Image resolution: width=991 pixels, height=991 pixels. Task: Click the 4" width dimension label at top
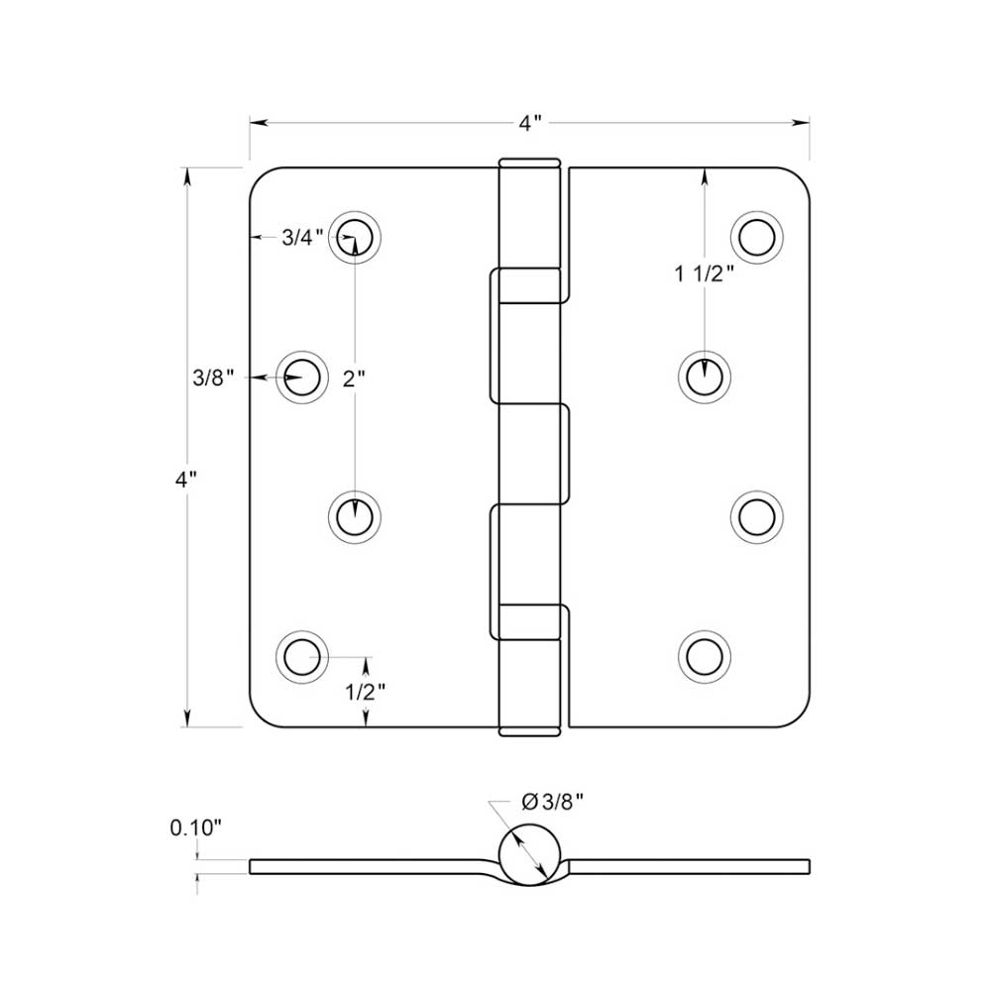(x=530, y=124)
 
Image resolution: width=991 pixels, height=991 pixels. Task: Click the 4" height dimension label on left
(x=185, y=479)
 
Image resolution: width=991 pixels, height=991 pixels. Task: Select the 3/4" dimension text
(x=302, y=238)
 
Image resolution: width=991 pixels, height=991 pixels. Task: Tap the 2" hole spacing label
(x=355, y=379)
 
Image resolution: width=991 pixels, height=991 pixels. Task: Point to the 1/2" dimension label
(x=365, y=692)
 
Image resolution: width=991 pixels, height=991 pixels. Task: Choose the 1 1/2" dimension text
(x=705, y=275)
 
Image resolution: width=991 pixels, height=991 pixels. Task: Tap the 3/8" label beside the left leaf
(x=213, y=377)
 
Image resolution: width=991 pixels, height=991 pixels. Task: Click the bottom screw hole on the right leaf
(x=705, y=656)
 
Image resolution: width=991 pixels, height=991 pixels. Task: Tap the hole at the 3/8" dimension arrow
(x=300, y=378)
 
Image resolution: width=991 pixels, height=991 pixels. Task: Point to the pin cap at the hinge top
(x=530, y=163)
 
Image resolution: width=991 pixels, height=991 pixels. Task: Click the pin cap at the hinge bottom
(x=530, y=731)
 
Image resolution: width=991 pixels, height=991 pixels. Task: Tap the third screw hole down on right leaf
(x=756, y=516)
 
